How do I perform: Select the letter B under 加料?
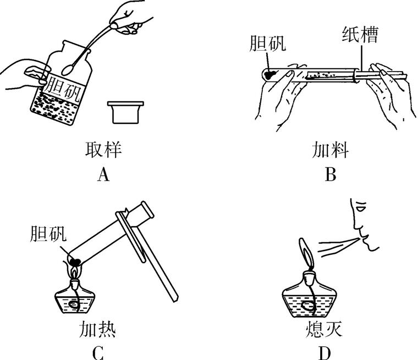tap(330, 175)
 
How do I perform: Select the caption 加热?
tap(97, 329)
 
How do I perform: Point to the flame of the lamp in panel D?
tap(305, 250)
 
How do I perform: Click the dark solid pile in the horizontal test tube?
tap(269, 73)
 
